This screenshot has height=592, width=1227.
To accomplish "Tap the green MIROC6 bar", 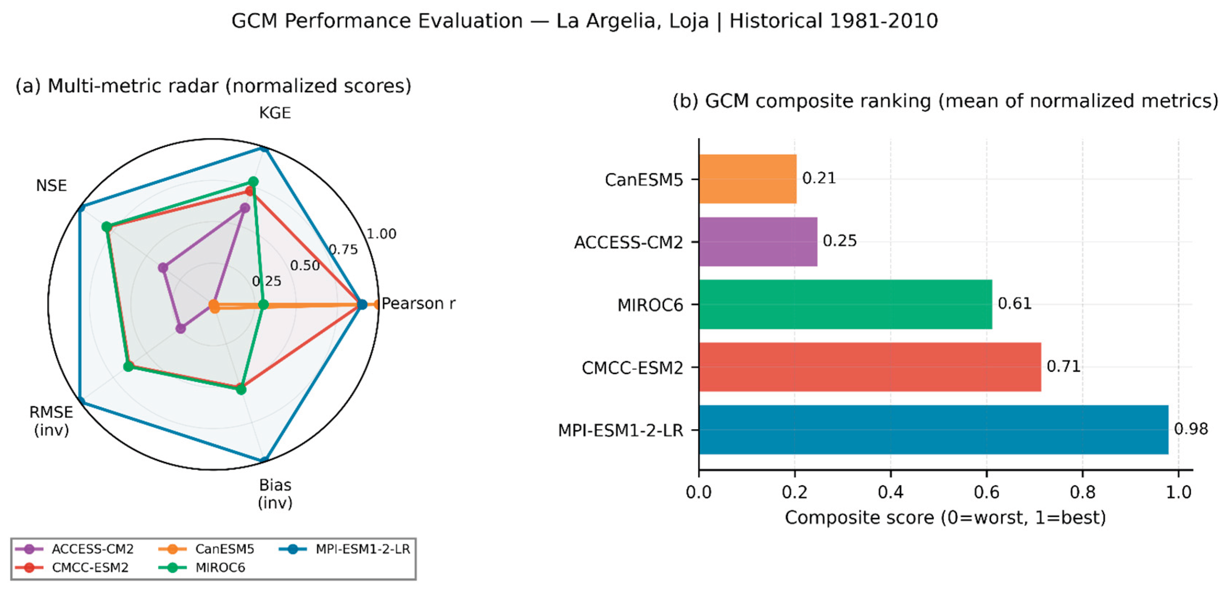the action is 845,304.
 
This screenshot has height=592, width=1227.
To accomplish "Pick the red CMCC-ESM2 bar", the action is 870,367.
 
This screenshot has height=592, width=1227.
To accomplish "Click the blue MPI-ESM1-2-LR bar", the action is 933,430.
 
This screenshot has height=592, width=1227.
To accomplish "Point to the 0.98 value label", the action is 1191,429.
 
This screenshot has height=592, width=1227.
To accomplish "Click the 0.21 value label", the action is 819,178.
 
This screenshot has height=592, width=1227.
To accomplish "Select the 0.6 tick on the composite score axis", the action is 986,492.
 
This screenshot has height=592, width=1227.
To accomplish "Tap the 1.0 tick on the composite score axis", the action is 1178,492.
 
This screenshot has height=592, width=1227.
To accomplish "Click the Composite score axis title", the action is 945,518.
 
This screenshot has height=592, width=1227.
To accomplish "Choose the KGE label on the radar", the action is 275,113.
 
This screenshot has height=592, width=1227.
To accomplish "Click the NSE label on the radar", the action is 51,185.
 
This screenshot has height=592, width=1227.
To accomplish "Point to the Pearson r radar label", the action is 419,304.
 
